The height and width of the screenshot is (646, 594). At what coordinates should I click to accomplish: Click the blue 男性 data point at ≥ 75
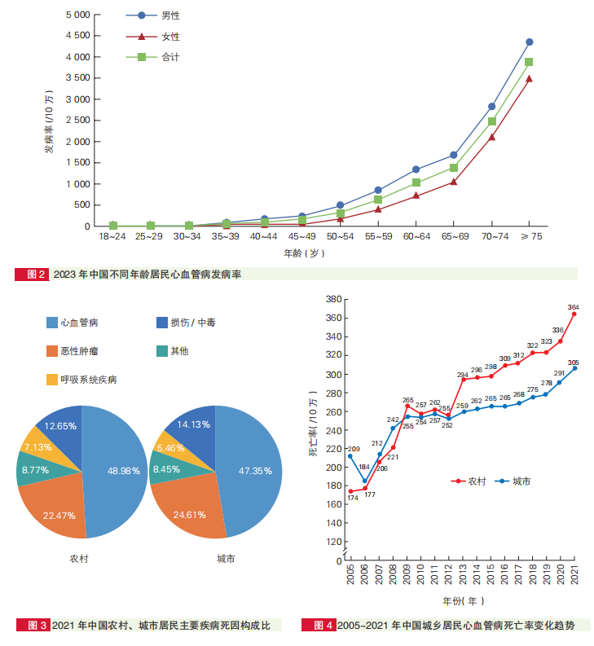529,42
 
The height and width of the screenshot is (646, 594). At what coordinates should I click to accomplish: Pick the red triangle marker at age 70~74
491,137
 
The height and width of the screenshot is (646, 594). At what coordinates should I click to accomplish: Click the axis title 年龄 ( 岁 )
305,254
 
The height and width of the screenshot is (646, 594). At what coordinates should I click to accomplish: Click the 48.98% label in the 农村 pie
125,471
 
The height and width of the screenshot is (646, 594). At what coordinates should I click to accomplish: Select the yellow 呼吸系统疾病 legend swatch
52,380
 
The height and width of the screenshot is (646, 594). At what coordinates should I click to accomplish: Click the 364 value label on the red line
574,307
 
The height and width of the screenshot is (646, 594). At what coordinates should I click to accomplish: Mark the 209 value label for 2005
353,449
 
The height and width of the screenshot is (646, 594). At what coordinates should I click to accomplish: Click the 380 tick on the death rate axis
332,300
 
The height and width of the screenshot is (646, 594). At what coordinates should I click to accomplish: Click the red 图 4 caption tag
319,626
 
